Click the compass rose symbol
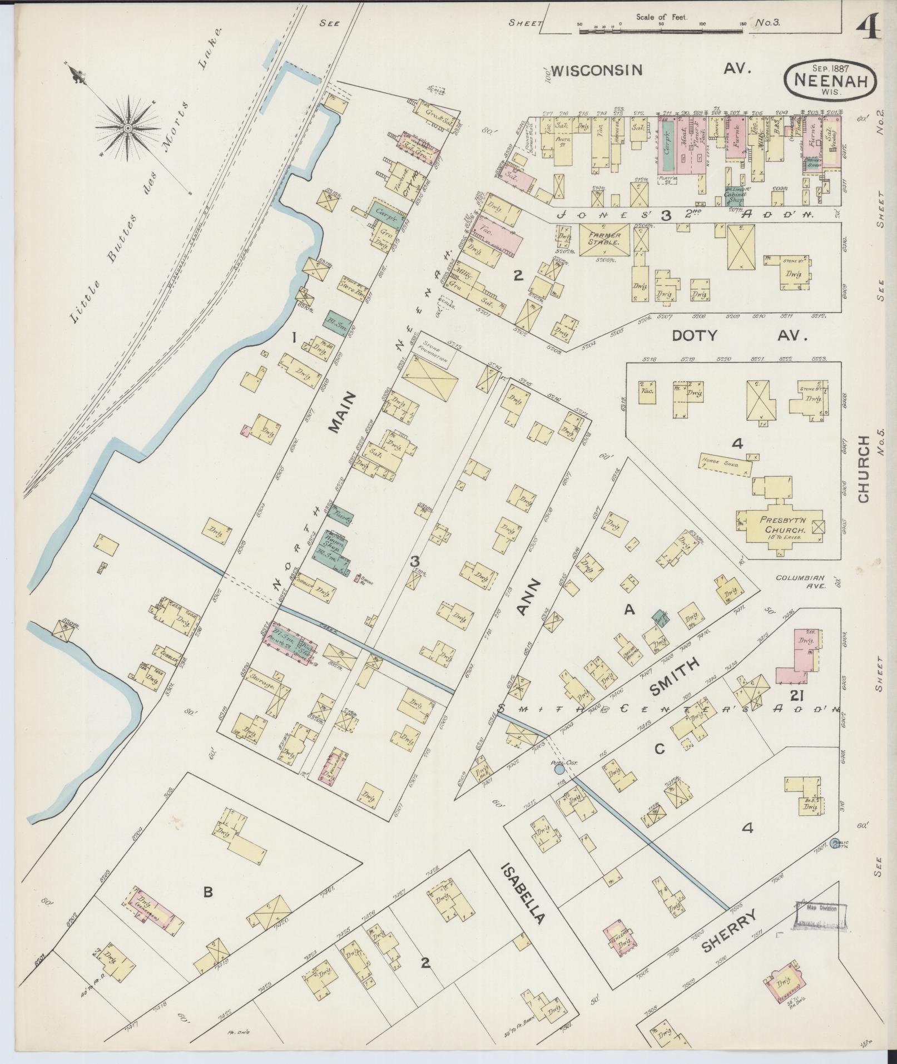(128, 129)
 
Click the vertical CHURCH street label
(863, 469)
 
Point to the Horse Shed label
(718, 461)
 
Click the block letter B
(207, 892)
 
